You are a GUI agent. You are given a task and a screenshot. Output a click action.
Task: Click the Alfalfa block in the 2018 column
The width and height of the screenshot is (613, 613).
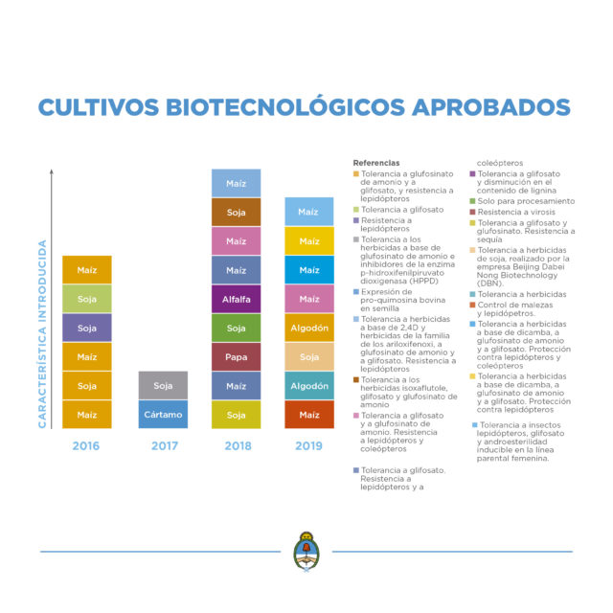pos(236,299)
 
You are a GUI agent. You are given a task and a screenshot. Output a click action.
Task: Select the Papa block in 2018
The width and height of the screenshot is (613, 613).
pos(236,356)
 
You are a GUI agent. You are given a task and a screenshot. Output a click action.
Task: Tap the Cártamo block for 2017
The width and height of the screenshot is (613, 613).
pos(163,414)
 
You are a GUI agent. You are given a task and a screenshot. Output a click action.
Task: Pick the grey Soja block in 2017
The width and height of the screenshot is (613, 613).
pos(163,385)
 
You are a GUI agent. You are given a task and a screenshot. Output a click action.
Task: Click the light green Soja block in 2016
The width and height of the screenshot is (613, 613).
pos(87,299)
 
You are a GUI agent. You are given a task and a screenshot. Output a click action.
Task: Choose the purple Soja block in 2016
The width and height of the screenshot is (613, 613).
pos(87,328)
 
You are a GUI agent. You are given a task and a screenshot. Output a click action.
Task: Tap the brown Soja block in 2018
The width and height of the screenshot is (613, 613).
pos(236,212)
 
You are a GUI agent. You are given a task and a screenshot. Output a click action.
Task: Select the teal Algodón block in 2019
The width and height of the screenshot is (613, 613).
pos(308,385)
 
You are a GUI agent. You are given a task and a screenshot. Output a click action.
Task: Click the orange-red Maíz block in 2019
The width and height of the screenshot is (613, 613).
pos(308,414)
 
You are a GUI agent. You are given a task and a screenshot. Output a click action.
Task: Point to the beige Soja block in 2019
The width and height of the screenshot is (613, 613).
pos(308,356)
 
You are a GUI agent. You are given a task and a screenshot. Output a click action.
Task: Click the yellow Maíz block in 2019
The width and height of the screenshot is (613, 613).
pos(308,240)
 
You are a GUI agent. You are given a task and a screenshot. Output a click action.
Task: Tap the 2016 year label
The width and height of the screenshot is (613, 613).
pos(87,445)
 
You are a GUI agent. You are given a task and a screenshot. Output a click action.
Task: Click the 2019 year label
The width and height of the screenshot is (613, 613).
pos(308,445)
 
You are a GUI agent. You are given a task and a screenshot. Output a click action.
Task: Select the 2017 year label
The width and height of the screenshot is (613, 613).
pos(163,445)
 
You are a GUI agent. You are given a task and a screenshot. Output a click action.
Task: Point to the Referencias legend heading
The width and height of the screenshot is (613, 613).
pos(376,163)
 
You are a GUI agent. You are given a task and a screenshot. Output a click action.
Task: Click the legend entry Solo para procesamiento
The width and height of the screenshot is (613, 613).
pos(527,201)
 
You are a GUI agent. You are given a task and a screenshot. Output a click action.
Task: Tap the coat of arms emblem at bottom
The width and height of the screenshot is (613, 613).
pos(306,554)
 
